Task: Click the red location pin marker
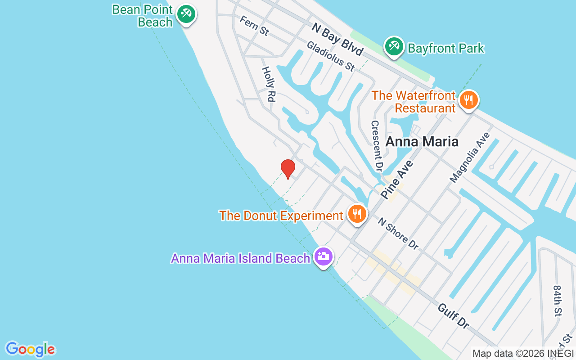[x=288, y=169]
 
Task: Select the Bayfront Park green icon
[x=394, y=46]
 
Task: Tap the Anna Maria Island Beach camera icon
[x=324, y=256]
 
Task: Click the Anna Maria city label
[x=422, y=142]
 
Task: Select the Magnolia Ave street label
[x=469, y=157]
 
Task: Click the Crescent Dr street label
[x=377, y=146]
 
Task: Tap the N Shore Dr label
[x=398, y=234]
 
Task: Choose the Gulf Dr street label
[x=453, y=315]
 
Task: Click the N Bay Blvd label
[x=337, y=40]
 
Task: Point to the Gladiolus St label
[x=331, y=57]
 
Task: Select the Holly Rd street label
[x=269, y=84]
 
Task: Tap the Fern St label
[x=254, y=26]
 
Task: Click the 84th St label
[x=558, y=300]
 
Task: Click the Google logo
[x=30, y=349]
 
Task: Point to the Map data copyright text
[x=523, y=354]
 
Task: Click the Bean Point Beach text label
[x=143, y=16]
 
